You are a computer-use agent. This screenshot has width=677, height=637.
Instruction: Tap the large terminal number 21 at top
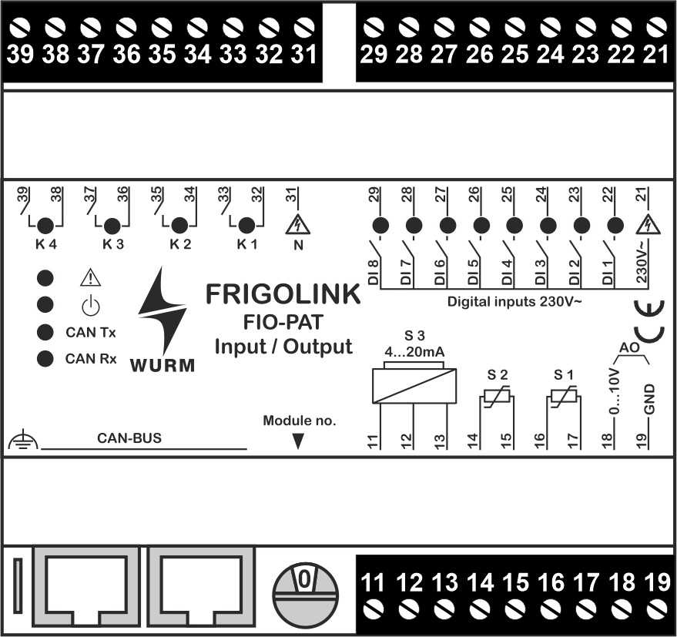pos(655,55)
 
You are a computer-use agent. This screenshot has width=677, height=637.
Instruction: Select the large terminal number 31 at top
pos(304,55)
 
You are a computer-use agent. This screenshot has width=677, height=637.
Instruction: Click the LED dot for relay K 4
pos(45,226)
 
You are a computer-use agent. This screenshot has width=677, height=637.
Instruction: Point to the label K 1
pos(244,246)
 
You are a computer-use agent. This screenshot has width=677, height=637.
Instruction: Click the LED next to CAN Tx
pos(45,332)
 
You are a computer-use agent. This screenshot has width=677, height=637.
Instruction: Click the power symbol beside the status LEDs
pos(91,306)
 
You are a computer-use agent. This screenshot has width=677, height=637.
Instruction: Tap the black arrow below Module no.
pos(299,441)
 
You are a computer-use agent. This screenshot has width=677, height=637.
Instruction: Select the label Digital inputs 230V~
pos(514,302)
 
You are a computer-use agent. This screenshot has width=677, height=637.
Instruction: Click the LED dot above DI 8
pos(379,226)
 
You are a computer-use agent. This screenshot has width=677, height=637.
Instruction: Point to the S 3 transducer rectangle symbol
pos(414,384)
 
